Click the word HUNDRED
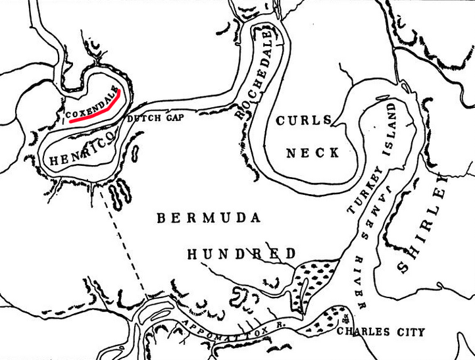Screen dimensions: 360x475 pyautogui.click(x=241, y=254)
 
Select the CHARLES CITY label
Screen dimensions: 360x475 pyautogui.click(x=380, y=332)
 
